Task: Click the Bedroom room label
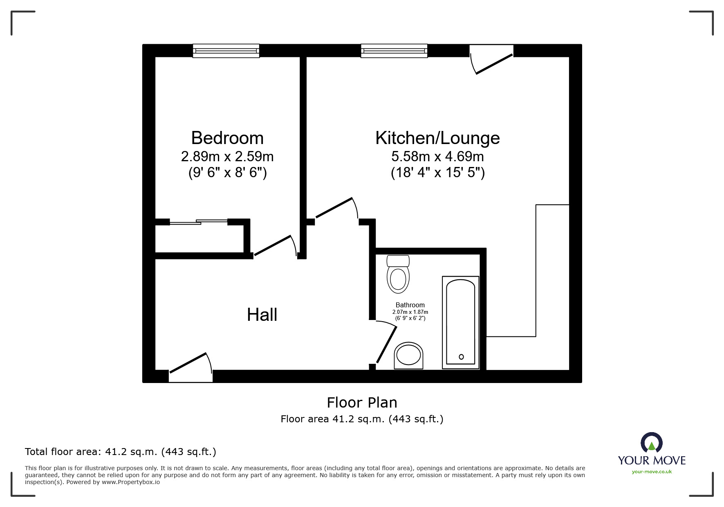tap(227, 138)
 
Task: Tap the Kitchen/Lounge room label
tap(437, 138)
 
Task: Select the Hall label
tap(262, 315)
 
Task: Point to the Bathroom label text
tap(410, 305)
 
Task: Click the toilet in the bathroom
tap(398, 274)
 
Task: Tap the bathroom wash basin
tap(408, 355)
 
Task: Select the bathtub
tap(460, 322)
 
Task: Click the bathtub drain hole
tap(461, 357)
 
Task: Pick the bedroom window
tap(226, 51)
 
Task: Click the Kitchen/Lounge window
tap(394, 51)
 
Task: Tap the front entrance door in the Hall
tap(191, 367)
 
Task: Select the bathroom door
tap(386, 342)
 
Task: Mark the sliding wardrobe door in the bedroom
tap(199, 222)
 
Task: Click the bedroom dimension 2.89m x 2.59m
tap(227, 157)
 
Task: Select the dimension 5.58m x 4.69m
tap(437, 157)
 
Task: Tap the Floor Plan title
tap(362, 403)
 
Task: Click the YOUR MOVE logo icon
tap(651, 442)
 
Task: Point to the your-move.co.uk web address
tap(652, 472)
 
